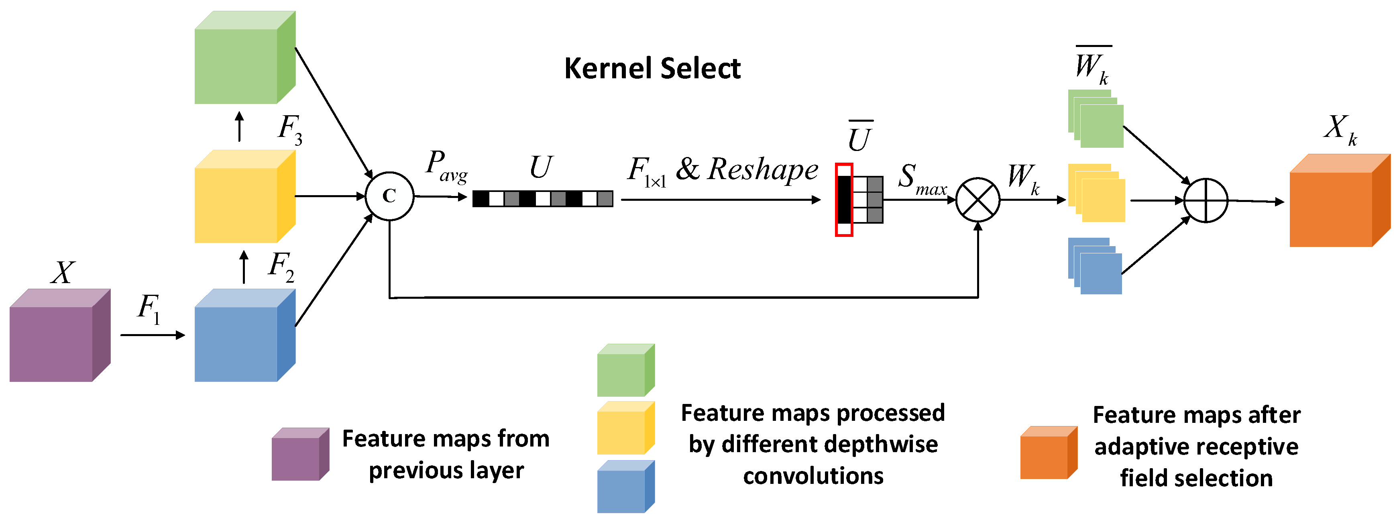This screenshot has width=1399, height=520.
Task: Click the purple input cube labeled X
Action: coord(60,335)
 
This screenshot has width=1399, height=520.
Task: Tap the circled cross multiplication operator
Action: coord(977,200)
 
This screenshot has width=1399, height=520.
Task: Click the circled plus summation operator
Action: coord(1205,200)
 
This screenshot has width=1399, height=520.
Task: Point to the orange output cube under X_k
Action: coord(1339,201)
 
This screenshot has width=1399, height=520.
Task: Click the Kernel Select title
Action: coord(652,69)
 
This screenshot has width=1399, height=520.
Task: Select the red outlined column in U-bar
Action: coord(843,200)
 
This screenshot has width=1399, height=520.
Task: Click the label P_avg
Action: coord(445,166)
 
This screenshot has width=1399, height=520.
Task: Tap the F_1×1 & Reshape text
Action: coord(722,170)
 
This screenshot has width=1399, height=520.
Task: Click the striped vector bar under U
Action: coord(543,199)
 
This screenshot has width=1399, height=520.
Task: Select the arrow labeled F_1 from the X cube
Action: coord(153,335)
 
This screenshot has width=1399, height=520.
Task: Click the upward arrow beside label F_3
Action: coord(240,126)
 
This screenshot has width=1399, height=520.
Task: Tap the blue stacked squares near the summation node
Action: coord(1095,266)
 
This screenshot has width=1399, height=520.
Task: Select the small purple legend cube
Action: coord(300,454)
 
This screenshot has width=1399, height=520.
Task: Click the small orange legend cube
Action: coord(1048,453)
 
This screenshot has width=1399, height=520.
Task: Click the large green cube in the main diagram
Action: coord(244,57)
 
